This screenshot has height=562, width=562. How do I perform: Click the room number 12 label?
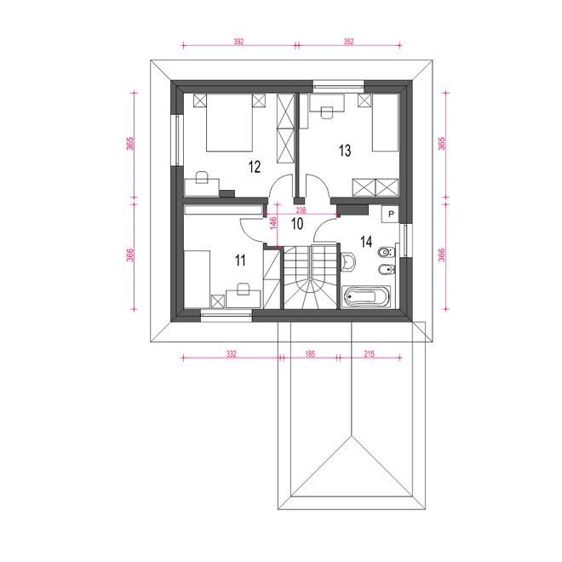[255, 167]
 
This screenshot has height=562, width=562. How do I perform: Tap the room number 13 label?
[345, 151]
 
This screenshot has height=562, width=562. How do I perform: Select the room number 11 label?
[240, 261]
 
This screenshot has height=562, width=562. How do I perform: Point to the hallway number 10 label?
[297, 224]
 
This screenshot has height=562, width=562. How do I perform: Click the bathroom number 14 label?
[366, 242]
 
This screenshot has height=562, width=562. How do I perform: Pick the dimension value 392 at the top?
[238, 42]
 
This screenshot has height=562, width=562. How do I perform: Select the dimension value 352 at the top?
[349, 42]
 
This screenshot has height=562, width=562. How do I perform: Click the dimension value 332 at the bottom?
[232, 354]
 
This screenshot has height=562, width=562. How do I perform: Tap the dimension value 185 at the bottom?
[310, 354]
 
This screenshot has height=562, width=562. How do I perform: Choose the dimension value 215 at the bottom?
[370, 354]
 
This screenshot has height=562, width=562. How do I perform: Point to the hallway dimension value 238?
[301, 210]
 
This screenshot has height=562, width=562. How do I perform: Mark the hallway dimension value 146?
[273, 223]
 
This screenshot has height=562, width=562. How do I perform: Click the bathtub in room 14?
[366, 297]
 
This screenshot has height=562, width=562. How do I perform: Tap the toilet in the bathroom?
[387, 252]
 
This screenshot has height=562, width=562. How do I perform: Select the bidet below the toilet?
[387, 269]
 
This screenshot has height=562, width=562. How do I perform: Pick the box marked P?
[391, 215]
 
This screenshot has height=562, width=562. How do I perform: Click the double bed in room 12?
[229, 123]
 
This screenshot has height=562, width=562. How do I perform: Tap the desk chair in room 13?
[326, 112]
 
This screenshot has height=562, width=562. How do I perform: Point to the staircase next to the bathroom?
[311, 277]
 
